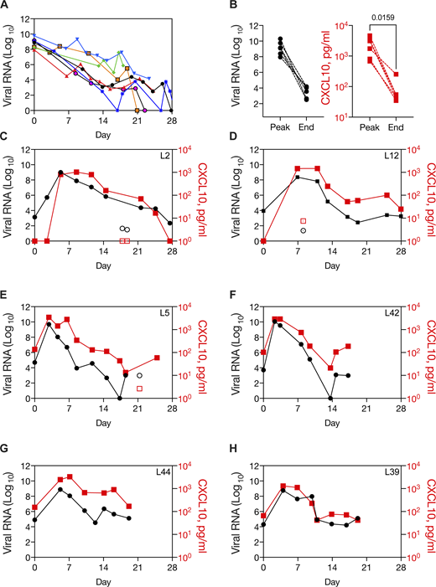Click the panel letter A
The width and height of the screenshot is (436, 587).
[6, 7]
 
